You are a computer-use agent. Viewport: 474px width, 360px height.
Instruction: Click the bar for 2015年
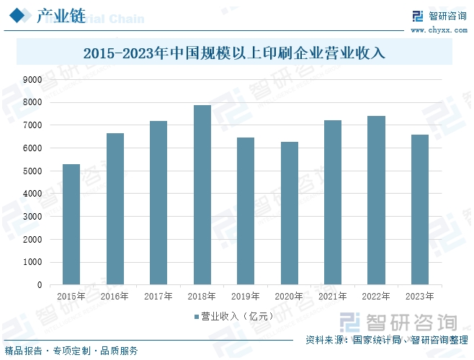(x=71, y=224)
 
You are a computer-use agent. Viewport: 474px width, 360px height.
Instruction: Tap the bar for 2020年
(x=289, y=213)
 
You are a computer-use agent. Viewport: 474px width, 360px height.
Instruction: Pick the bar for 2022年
(x=376, y=200)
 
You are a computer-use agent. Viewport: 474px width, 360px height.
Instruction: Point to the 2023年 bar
(x=419, y=210)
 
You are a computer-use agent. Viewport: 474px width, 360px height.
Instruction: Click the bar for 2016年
(x=115, y=209)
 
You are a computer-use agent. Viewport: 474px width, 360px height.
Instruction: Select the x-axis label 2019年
(x=245, y=296)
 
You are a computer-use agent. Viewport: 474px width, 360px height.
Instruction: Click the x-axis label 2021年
(x=332, y=296)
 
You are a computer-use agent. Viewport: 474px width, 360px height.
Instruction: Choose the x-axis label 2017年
(x=158, y=296)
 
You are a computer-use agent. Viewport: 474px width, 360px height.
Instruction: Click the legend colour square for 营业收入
(x=196, y=316)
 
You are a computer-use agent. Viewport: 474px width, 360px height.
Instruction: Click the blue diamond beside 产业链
(x=24, y=17)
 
